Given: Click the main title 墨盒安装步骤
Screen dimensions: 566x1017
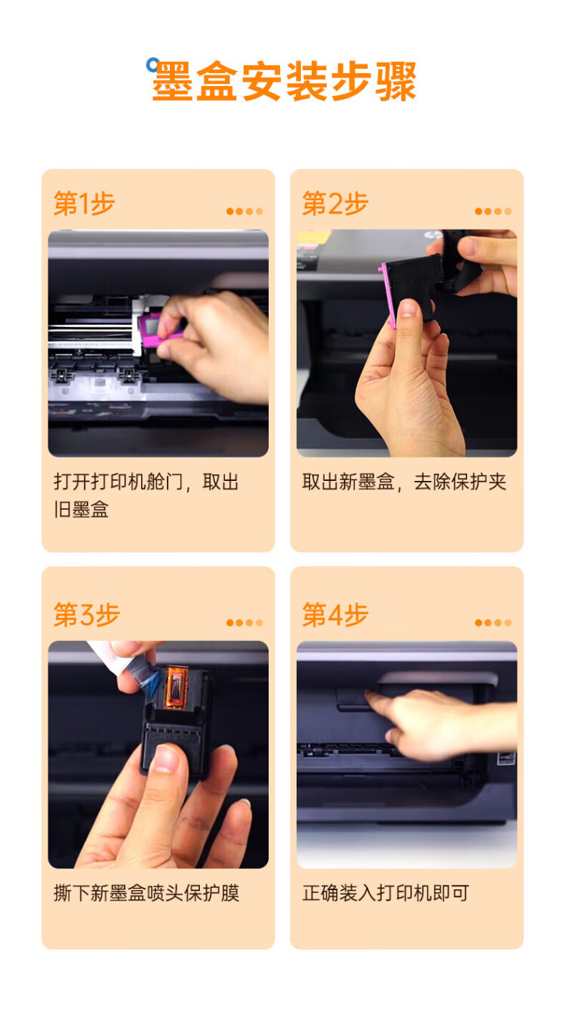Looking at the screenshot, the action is coord(284,82).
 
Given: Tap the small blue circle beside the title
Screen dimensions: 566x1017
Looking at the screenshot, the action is coord(152,64).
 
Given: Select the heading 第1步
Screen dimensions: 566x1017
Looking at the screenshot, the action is coord(85,203).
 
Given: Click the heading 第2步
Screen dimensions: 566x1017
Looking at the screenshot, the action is coord(335,203).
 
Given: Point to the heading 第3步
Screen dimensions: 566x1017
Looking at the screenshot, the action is coord(87,615).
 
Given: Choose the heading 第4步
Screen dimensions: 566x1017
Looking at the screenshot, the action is coord(335,615).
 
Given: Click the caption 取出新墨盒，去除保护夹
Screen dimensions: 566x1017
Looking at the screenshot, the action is coord(404,482).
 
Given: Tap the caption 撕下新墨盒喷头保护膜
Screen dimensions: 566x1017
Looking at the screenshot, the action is coord(146,893).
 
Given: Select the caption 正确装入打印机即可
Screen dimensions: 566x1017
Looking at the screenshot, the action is coord(386,893).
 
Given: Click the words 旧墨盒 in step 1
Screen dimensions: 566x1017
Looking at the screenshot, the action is coord(82,510).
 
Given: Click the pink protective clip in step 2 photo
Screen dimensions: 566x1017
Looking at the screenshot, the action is coord(387,294).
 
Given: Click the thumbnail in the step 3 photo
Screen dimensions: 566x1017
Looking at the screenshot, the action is coord(166,758).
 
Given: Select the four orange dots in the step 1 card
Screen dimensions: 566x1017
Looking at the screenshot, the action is coord(245,211).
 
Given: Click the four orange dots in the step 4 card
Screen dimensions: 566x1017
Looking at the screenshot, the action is coord(494,622).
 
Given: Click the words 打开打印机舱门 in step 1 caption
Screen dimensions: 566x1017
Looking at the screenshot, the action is coord(118,482).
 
